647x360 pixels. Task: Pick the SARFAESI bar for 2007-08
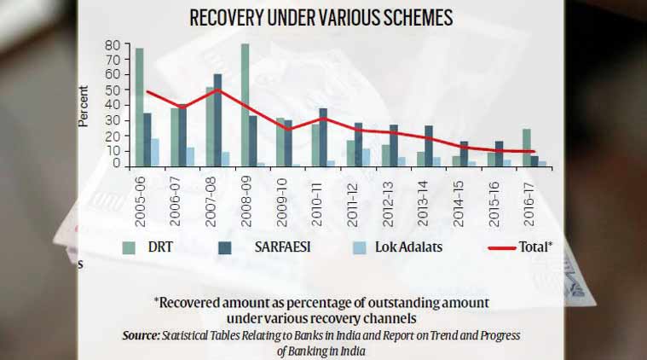[218, 120]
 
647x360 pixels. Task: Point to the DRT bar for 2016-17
[527, 148]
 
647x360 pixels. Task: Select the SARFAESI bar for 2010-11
[323, 137]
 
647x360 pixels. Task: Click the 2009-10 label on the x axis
[281, 200]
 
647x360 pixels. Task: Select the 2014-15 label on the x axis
[458, 200]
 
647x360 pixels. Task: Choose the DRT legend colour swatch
[130, 247]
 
